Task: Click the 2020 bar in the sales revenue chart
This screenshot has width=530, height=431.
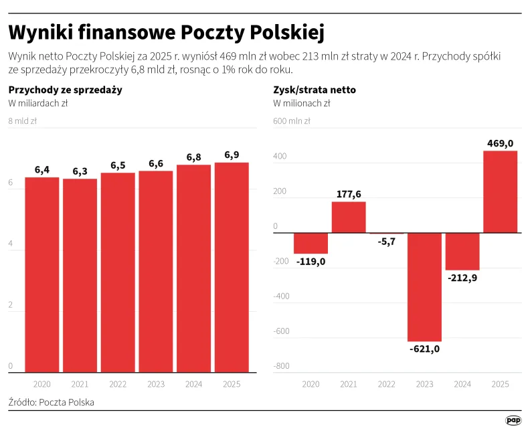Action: [42, 274]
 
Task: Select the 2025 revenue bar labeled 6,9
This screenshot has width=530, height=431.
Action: [232, 267]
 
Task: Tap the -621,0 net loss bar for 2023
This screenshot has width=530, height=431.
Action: [425, 287]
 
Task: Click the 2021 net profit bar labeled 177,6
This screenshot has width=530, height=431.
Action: [349, 217]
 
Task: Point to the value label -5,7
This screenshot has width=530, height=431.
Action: [387, 242]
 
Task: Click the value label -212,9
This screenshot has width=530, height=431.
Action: [462, 278]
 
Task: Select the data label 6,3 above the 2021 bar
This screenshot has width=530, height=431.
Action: [80, 171]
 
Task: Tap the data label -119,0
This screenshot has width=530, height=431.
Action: [311, 262]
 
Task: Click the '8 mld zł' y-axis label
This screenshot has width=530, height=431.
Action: [23, 121]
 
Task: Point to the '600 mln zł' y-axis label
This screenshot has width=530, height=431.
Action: [292, 121]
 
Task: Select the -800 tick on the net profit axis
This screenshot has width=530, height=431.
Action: [281, 366]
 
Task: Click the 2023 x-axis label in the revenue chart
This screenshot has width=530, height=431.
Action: [156, 384]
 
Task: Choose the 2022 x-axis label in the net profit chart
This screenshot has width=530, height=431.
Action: [387, 384]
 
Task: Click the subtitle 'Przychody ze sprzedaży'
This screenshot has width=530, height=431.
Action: [65, 90]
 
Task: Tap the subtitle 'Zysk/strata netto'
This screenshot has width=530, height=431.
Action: [315, 90]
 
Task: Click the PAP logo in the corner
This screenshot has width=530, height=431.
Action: [513, 420]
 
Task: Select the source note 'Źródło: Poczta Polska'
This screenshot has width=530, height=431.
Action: [52, 402]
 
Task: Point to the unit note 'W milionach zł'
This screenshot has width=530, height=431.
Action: [302, 103]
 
